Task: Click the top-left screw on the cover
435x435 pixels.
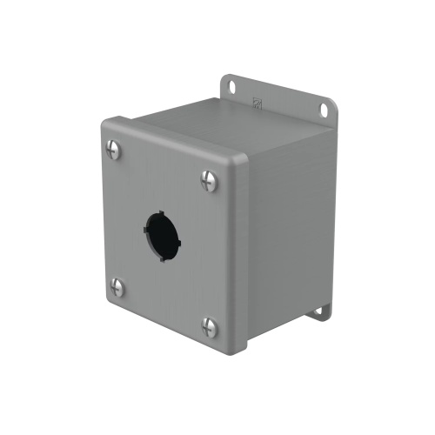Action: coord(114,149)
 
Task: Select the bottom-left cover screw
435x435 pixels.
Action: coord(117,288)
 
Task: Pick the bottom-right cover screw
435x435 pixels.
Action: coord(210,327)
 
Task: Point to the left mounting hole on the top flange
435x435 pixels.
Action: coord(232,86)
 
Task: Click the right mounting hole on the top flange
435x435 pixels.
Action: coord(324,110)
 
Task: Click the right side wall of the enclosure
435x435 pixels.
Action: coord(287,235)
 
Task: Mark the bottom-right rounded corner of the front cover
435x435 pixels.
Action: coord(238,346)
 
